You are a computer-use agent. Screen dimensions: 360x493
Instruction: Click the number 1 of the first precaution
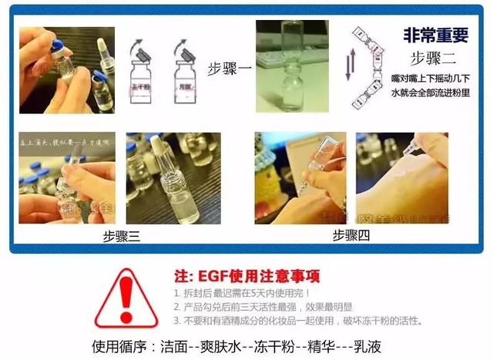pos(176,294)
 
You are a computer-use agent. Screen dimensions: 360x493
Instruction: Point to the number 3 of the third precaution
pos(176,320)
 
